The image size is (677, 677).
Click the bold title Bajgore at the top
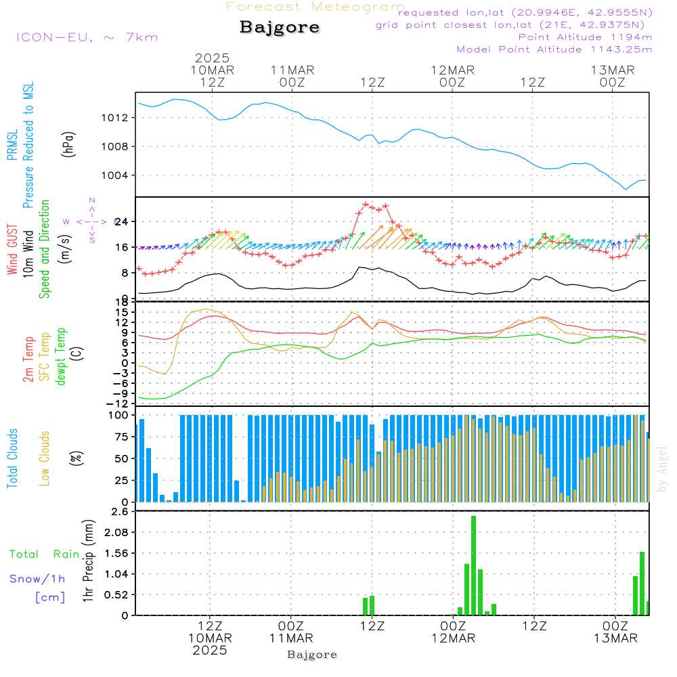(x=280, y=28)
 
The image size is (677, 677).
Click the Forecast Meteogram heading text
(x=315, y=7)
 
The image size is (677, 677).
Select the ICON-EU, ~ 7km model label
(x=87, y=37)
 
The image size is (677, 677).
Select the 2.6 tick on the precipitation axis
(x=119, y=512)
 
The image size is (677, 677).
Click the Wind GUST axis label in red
(x=12, y=250)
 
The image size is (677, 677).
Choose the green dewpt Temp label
(x=62, y=357)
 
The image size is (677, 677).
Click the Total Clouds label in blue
(x=12, y=458)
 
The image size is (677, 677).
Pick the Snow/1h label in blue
(x=37, y=579)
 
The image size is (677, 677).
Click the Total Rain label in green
(x=44, y=554)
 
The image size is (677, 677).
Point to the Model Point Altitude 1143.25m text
(x=554, y=49)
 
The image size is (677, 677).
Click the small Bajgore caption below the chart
(x=312, y=655)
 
